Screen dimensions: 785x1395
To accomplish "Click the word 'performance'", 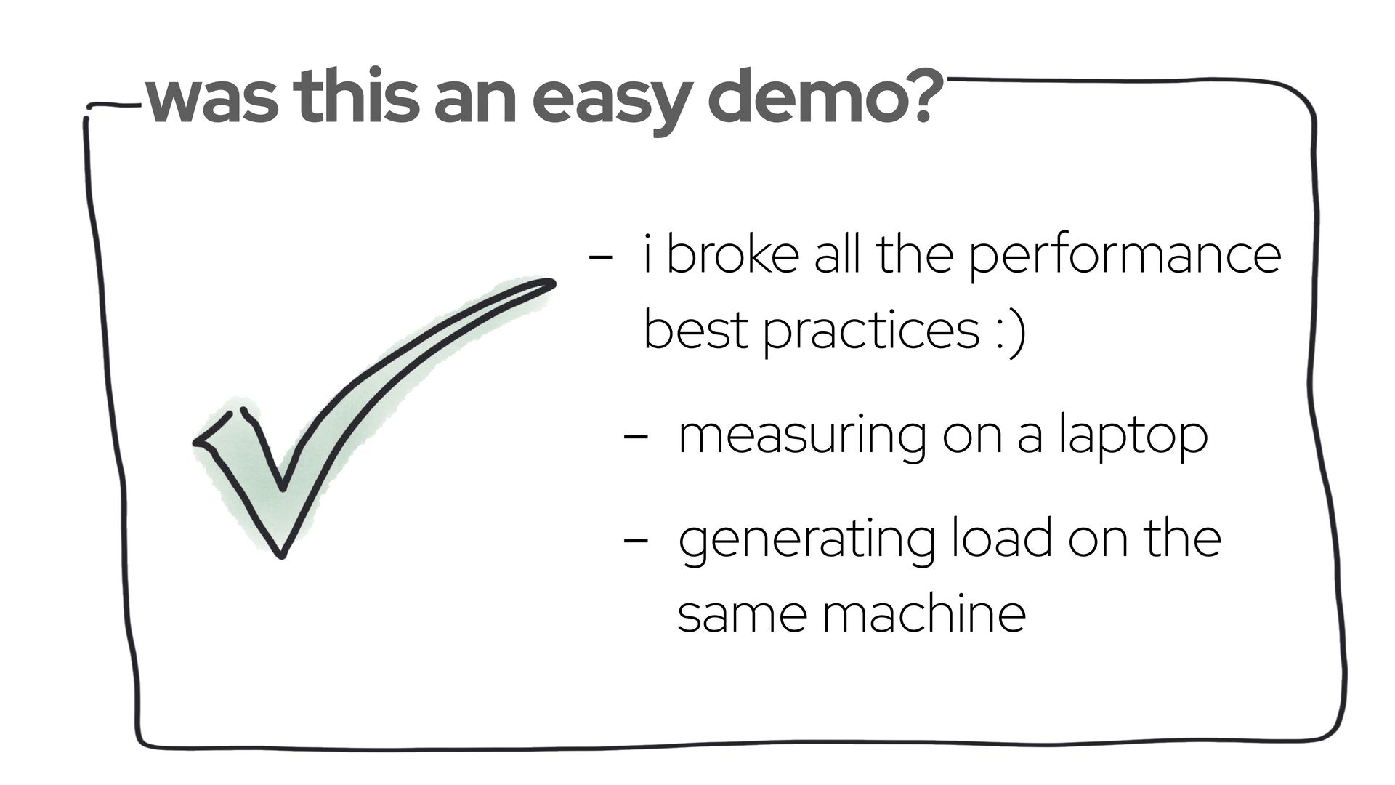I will [1125, 257].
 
